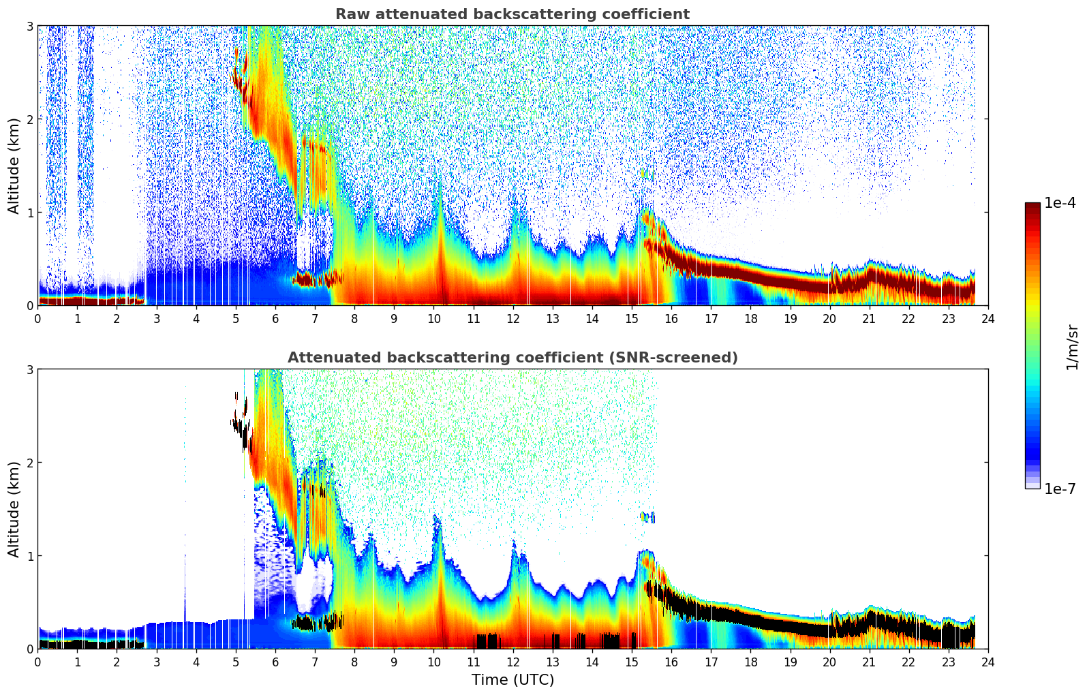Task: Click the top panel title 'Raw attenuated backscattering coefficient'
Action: coord(512,14)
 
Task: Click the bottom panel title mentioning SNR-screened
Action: coord(512,358)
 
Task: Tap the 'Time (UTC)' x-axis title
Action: coord(512,680)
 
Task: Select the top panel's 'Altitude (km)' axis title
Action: coord(14,166)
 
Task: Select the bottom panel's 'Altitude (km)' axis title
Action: coord(14,509)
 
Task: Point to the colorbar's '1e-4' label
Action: coord(1060,203)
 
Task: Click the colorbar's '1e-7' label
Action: coord(1060,489)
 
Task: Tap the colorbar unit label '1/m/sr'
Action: coord(1071,346)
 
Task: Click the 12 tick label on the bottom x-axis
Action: coord(512,662)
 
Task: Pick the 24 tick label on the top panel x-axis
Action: coord(988,319)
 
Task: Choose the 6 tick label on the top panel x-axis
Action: coord(275,319)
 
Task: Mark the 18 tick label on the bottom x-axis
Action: coord(750,662)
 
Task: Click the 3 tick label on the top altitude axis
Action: coord(30,26)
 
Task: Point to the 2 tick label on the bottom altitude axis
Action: coord(30,463)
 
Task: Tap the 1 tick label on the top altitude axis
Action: coord(30,213)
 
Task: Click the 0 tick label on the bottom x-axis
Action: coord(37,662)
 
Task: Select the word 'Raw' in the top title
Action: coord(350,14)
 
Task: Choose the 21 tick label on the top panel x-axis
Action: coord(869,319)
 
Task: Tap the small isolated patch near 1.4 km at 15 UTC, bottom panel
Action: coord(647,517)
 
